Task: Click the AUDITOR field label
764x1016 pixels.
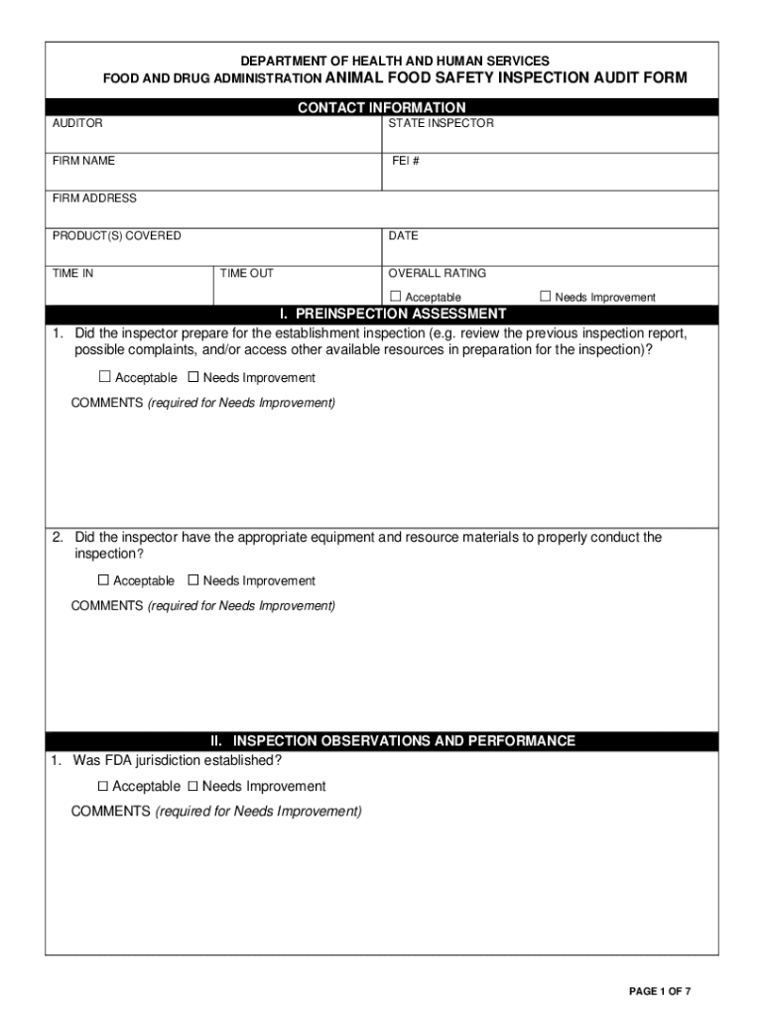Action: [77, 124]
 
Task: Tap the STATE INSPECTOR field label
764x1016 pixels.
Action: [441, 124]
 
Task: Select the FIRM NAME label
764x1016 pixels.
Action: [83, 161]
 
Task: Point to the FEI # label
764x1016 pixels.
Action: [405, 161]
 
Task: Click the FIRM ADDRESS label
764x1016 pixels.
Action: [94, 198]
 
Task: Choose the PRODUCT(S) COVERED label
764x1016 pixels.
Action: [116, 236]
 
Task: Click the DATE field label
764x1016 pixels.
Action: [403, 236]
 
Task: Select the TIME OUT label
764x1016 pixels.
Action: [246, 273]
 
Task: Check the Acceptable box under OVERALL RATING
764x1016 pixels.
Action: [395, 296]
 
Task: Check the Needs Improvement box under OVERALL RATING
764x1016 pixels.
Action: [545, 296]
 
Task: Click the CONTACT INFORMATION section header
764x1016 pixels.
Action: [381, 107]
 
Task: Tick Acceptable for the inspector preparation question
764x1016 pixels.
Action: [105, 377]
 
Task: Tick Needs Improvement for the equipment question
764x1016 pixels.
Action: [193, 580]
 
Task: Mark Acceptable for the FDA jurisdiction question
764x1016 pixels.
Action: [103, 786]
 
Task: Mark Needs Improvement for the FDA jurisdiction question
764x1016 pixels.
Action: [193, 786]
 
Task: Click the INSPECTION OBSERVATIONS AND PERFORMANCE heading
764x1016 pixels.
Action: [393, 741]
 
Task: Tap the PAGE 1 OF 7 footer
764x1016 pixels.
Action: [660, 991]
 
